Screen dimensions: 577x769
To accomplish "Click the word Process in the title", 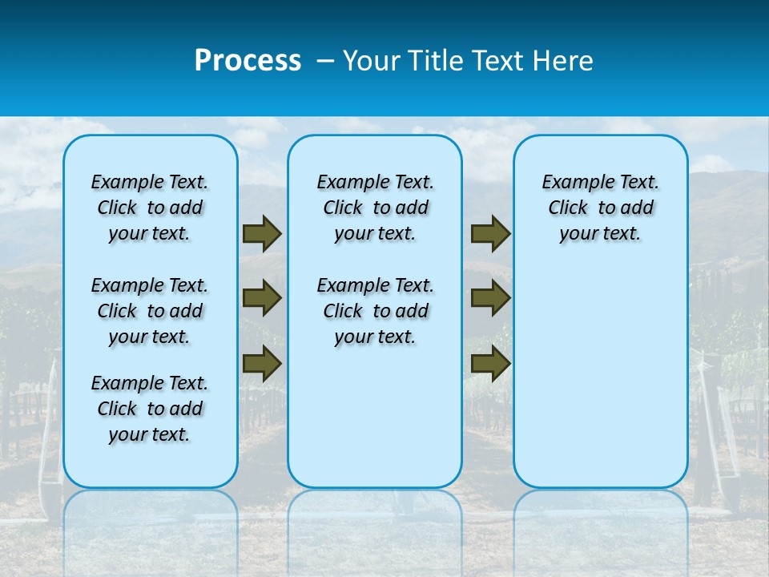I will [x=248, y=61].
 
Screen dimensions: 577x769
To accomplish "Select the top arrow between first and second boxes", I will [x=261, y=234].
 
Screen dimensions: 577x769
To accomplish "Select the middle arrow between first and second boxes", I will [x=261, y=299].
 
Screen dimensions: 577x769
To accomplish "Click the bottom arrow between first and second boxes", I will [x=261, y=364].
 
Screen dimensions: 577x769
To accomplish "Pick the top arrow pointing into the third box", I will [x=490, y=234].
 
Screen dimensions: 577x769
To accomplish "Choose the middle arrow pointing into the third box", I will [x=490, y=299].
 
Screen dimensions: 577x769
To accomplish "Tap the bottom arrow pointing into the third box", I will [x=490, y=364].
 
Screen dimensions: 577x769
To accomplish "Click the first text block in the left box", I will [x=150, y=208].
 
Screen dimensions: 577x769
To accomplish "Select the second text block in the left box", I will [x=150, y=311].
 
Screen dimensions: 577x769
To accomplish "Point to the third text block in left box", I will [x=150, y=409].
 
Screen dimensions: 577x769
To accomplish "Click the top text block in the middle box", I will [x=375, y=208].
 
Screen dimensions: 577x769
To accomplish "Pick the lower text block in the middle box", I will [x=375, y=311].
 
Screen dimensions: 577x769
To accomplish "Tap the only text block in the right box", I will [x=600, y=208].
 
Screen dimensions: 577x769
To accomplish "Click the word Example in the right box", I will [x=572, y=183].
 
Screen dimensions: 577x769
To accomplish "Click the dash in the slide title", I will [x=324, y=61].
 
